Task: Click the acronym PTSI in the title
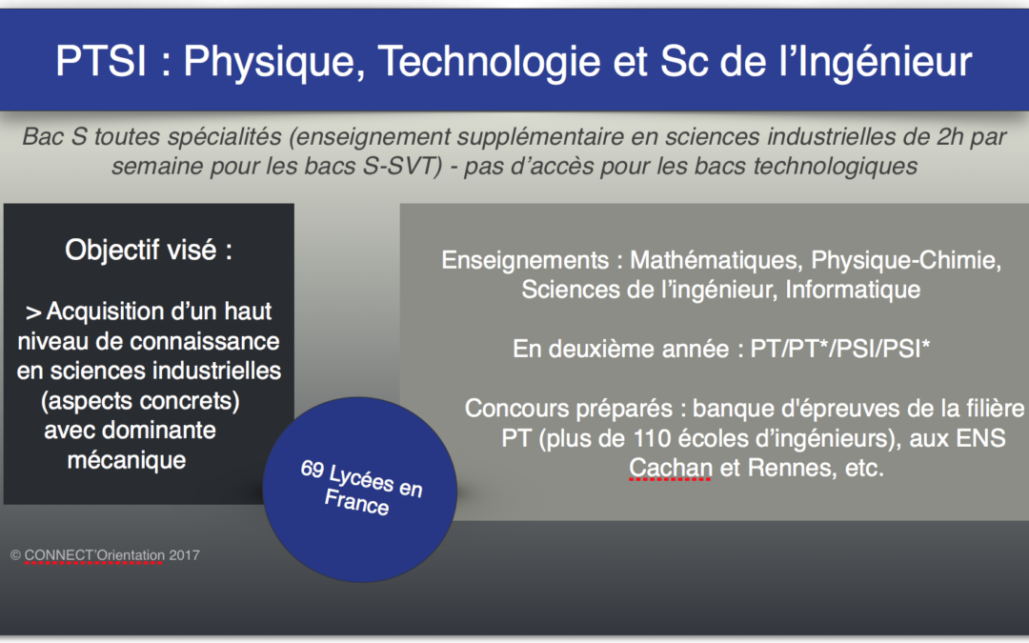click(x=101, y=61)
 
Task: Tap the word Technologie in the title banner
click(x=489, y=62)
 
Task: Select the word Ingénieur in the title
click(x=883, y=62)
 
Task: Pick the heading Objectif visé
click(x=149, y=250)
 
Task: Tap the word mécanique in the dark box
click(x=127, y=460)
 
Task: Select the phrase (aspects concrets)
click(x=140, y=400)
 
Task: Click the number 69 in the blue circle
click(x=313, y=469)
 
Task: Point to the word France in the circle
click(x=357, y=502)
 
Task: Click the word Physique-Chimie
click(x=906, y=260)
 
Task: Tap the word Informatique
click(x=853, y=290)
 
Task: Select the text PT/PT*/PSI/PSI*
click(x=840, y=349)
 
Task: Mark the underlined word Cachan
click(x=671, y=468)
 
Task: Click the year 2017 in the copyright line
click(x=184, y=555)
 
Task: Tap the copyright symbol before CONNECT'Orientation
click(x=16, y=555)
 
